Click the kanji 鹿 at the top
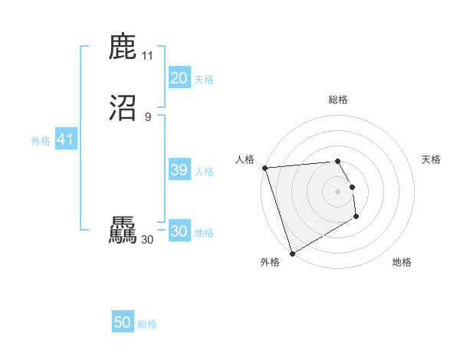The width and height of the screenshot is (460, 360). pos(123,47)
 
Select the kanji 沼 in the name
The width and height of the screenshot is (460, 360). pos(123,108)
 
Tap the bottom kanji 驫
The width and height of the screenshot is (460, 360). pos(123,231)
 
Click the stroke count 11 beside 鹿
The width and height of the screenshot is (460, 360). pos(147,56)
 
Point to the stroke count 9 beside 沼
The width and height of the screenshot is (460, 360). pos(148,116)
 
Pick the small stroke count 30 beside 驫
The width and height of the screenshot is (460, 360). pos(147,240)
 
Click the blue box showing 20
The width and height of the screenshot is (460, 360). pos(179,78)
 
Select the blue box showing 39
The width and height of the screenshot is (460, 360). pos(179,170)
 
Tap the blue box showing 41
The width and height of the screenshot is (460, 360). pos(65,140)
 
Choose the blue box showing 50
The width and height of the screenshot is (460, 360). pos(123,322)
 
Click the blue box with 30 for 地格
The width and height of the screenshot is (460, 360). pos(179,231)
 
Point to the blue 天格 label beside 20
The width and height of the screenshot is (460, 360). pos(204,80)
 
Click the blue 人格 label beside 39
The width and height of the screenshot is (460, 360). pos(204,172)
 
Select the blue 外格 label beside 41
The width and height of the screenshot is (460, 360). pos(41,141)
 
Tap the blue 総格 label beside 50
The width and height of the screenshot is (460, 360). pos(147,324)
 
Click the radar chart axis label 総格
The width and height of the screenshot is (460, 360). pos(338,100)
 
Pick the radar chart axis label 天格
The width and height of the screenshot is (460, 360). pos(431,159)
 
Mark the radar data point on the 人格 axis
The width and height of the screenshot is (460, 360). pos(264,168)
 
